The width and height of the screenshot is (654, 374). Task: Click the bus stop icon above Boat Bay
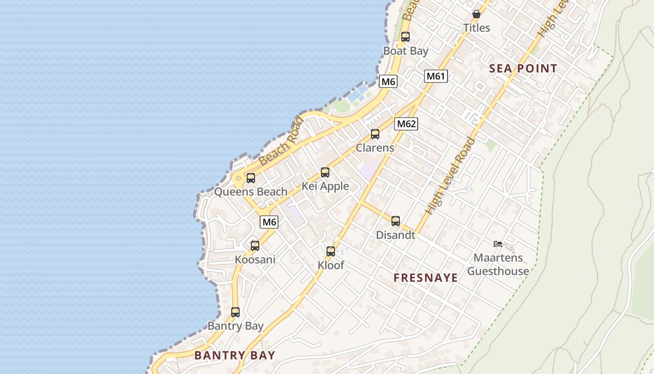pos(405,37)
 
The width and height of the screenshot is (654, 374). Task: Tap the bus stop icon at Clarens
pos(375,135)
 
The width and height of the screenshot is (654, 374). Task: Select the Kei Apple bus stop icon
pos(325,173)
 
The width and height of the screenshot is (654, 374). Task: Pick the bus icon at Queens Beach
pos(251,178)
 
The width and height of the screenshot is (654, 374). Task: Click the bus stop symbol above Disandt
pos(396,221)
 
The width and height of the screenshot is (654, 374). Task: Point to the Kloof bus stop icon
pos(331,252)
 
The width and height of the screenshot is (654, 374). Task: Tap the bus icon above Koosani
pos(255,246)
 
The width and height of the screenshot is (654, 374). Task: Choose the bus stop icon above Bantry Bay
pos(235,312)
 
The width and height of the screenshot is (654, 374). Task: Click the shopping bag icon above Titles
pos(476,14)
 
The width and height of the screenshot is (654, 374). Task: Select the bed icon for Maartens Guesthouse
pos(498,244)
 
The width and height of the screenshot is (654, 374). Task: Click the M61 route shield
pos(436,76)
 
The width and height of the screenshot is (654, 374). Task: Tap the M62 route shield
pos(406,124)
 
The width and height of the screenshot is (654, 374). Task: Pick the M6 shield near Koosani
pos(269,222)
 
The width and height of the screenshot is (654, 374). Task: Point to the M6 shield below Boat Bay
pos(388,82)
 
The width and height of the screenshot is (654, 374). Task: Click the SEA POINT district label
pos(523,69)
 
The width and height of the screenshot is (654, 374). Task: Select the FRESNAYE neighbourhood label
pos(426,278)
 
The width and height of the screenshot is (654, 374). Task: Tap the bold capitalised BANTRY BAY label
pos(235,355)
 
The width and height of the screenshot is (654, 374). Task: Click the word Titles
pos(476,28)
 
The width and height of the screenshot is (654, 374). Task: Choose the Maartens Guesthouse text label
pos(498,265)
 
